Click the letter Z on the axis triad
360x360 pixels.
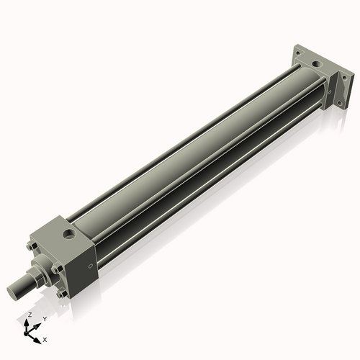tap(29, 315)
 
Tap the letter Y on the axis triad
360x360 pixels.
tap(44, 318)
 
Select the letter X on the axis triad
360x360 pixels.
tap(45, 338)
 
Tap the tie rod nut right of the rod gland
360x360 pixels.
tap(56, 271)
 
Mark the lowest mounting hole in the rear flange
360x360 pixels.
tap(339, 103)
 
